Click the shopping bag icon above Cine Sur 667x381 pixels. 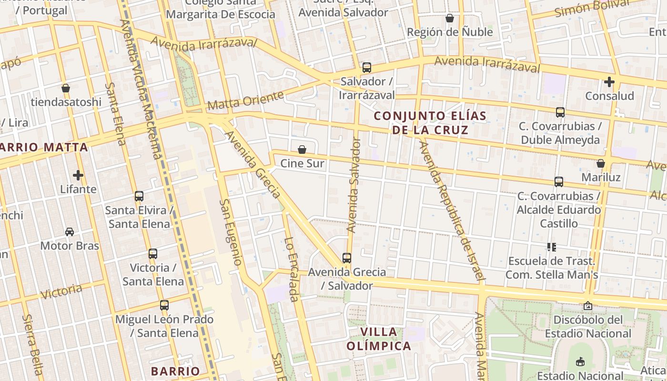coord(302,150)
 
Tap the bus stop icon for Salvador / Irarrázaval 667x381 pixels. coord(366,68)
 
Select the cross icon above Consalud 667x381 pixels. coord(609,82)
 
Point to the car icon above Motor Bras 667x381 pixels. coord(70,232)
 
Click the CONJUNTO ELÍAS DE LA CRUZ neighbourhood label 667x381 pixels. coord(430,123)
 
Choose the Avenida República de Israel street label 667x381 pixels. coord(451,210)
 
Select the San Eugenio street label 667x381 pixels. coord(231,232)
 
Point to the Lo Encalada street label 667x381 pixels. coord(291,269)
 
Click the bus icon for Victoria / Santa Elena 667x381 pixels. coord(152,254)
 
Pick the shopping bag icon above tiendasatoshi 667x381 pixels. coord(66,88)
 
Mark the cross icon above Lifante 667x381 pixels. coord(78,175)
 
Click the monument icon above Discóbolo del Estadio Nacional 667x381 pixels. coord(588,306)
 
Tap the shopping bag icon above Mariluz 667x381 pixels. coord(601,163)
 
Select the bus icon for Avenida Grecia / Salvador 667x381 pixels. coord(347,258)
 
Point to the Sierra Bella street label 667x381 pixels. coord(33,344)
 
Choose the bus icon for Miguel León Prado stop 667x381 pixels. coord(164,305)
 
